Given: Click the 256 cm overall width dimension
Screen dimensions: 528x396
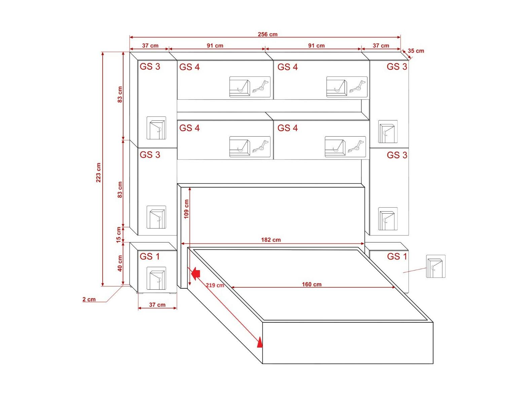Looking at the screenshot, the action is click(268, 34).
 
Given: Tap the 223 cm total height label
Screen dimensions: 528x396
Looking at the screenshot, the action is click(98, 172).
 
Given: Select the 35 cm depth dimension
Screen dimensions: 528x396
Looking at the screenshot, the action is click(416, 51).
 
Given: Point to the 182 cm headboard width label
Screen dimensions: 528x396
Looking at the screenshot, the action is click(271, 240).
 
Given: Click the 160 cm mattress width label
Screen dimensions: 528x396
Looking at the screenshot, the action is click(312, 284).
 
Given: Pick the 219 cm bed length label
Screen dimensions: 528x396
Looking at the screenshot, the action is click(215, 285).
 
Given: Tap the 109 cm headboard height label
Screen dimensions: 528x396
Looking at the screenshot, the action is click(186, 209).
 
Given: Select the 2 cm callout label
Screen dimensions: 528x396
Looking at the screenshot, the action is click(89, 299).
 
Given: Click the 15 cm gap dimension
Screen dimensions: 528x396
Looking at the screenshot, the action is click(118, 235).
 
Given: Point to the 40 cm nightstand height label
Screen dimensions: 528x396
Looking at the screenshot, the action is click(120, 263).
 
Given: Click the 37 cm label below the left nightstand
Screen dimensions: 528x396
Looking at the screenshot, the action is click(157, 304).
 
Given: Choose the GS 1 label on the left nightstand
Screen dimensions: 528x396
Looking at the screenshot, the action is click(150, 256).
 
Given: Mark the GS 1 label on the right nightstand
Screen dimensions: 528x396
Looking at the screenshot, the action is click(397, 256).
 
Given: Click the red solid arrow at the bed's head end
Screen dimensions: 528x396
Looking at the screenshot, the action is click(196, 274).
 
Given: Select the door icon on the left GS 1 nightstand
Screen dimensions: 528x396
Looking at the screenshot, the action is click(156, 278).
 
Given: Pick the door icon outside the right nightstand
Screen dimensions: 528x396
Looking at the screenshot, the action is click(436, 266).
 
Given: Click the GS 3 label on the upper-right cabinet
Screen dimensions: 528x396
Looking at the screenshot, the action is click(397, 66).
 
